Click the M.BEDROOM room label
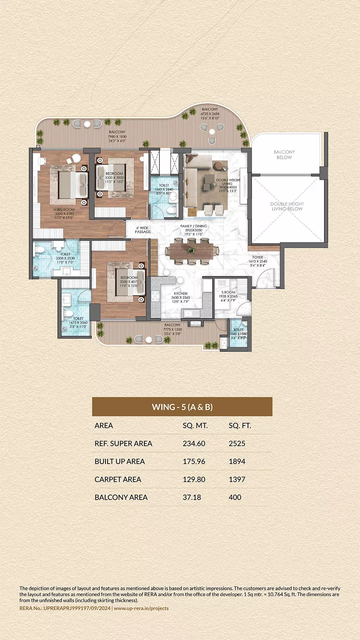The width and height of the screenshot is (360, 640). pyautogui.click(x=64, y=209)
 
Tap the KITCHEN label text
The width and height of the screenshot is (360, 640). pyautogui.click(x=180, y=293)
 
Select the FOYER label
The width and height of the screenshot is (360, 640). pyautogui.click(x=258, y=257)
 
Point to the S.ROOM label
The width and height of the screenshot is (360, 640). pyautogui.click(x=228, y=292)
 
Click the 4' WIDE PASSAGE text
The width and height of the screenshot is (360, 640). pyautogui.click(x=143, y=230)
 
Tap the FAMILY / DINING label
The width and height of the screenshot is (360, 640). pyautogui.click(x=194, y=226)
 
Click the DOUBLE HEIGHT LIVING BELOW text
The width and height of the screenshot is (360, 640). pyautogui.click(x=287, y=206)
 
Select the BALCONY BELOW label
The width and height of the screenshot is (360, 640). pyautogui.click(x=284, y=155)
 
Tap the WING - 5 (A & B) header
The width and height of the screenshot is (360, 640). pyautogui.click(x=182, y=407)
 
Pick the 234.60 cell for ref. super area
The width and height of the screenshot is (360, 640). pyautogui.click(x=194, y=443)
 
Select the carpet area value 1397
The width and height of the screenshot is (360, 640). pyautogui.click(x=237, y=479)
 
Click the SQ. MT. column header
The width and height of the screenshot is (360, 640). pyautogui.click(x=195, y=425)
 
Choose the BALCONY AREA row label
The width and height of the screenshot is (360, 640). pyautogui.click(x=121, y=497)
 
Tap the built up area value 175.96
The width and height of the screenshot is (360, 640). pyautogui.click(x=194, y=461)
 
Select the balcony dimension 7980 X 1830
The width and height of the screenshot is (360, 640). pyautogui.click(x=117, y=136)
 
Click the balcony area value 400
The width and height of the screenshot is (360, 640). pyautogui.click(x=235, y=497)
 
